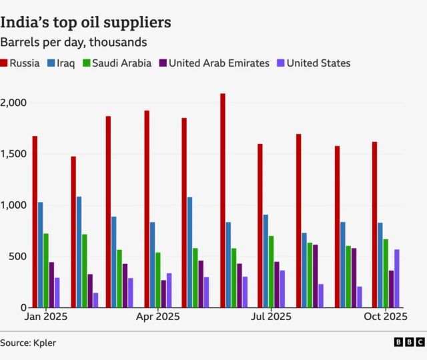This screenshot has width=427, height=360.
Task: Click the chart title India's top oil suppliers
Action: tap(85, 22)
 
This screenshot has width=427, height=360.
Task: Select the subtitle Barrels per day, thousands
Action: tap(73, 42)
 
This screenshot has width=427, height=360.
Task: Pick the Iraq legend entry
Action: tap(61, 63)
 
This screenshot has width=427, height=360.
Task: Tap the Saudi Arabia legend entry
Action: tap(116, 63)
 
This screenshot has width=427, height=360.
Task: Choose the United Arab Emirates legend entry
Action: tap(214, 63)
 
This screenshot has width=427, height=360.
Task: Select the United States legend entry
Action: tap(313, 63)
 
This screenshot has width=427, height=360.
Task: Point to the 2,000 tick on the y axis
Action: tap(13, 103)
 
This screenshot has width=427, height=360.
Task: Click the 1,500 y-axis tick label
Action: tap(13, 154)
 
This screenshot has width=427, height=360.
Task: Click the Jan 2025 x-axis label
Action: tap(46, 317)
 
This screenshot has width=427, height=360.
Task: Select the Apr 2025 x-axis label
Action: tap(157, 317)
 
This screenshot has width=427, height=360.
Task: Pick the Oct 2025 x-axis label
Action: tap(385, 317)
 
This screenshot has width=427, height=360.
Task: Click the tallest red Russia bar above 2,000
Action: tap(223, 200)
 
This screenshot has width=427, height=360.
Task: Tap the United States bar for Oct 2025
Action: tap(397, 279)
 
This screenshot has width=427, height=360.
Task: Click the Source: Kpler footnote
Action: tap(28, 343)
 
